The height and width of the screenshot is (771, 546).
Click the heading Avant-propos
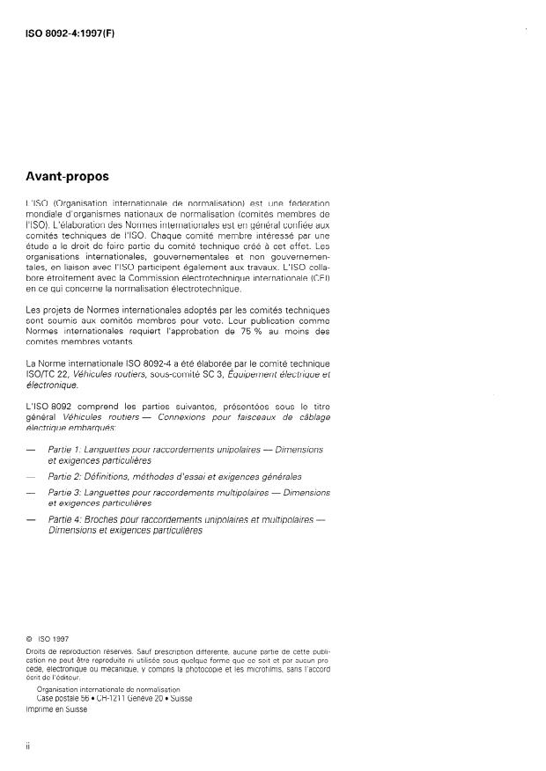coord(68,176)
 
